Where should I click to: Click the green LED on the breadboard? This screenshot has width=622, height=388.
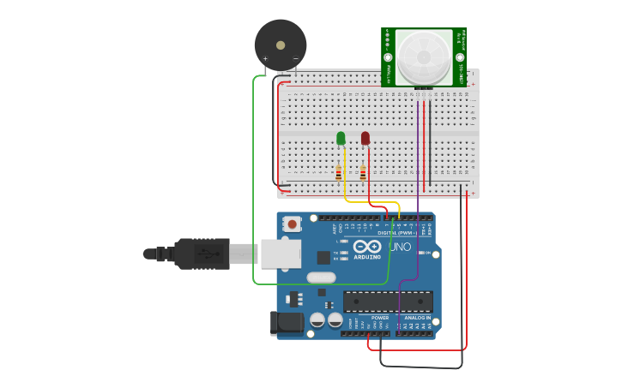point(341,138)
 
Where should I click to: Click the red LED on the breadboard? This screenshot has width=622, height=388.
point(365,138)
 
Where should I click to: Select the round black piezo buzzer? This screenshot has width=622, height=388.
point(280,44)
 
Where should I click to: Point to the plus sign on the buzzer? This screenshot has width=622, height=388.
point(265,59)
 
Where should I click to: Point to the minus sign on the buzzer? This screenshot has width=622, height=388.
point(295,59)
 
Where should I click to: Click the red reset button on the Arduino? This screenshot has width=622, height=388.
point(293,224)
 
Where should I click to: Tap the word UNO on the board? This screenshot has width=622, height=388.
point(401,247)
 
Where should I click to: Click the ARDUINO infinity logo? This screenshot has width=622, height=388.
point(367,247)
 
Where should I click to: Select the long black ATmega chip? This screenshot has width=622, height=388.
point(388,301)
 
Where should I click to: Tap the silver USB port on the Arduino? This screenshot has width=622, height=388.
point(281,254)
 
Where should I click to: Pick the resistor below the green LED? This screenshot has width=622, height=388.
point(339,173)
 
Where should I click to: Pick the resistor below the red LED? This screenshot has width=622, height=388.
point(363,173)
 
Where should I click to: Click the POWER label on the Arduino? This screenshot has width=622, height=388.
point(379,318)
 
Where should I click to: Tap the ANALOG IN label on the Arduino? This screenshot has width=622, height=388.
point(418,318)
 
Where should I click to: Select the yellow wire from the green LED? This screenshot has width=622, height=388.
point(346,184)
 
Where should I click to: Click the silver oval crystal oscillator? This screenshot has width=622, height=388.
point(320,277)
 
